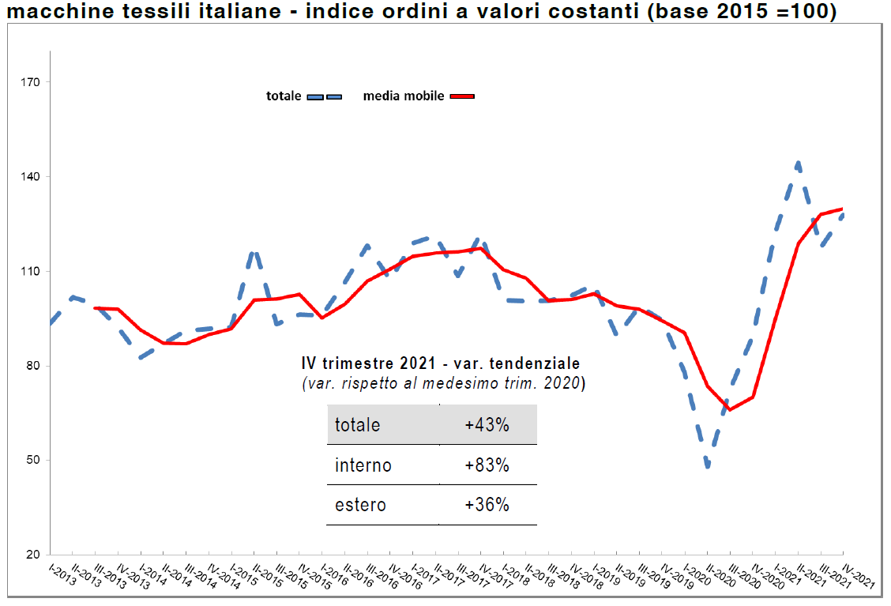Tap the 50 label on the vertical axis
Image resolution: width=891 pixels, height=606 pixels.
[x=35, y=461]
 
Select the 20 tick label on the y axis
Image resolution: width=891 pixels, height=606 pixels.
[x=35, y=555]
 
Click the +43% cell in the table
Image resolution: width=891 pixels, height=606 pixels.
[x=487, y=425]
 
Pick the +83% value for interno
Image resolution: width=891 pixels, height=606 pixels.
[x=487, y=465]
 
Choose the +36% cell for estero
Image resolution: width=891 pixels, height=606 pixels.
[x=487, y=505]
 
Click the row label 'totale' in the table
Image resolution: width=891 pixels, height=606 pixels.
[x=357, y=425]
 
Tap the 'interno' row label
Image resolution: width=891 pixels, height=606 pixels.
[x=363, y=465]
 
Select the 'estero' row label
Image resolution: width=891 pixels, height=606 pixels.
[x=361, y=505]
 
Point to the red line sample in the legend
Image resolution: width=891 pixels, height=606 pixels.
[x=462, y=96]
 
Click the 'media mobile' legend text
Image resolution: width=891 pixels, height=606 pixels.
[x=404, y=96]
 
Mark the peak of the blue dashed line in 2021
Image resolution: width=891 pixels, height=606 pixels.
[x=799, y=164]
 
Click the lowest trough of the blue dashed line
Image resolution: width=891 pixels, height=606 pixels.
[x=708, y=467]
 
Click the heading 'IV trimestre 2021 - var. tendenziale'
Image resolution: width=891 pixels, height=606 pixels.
[x=441, y=364]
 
